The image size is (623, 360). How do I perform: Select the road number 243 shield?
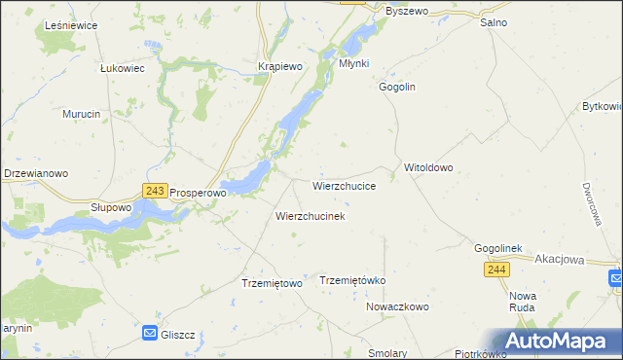tap(154, 192)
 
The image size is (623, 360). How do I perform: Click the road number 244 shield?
tap(495, 270)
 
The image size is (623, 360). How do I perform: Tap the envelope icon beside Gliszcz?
tap(150, 334)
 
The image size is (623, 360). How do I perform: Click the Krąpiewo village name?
tap(280, 65)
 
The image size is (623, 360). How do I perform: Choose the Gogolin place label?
tap(397, 87)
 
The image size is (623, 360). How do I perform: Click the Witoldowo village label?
tap(429, 167)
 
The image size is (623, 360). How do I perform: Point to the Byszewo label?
tap(407, 11)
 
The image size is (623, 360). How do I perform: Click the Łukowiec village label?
tap(123, 69)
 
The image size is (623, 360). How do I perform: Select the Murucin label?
tap(82, 114)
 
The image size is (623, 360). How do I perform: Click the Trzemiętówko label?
tap(353, 280)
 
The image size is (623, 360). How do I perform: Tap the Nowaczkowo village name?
tap(397, 306)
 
